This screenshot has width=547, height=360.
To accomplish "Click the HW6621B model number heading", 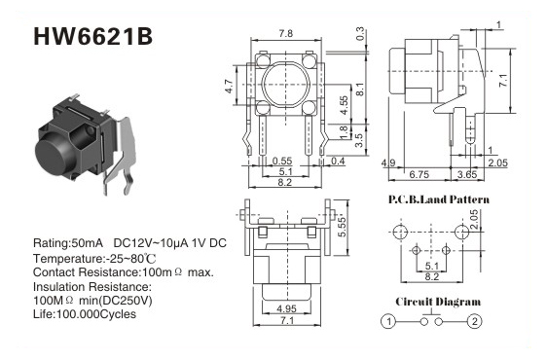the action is (92, 37).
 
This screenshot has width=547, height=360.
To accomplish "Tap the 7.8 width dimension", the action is (286, 33).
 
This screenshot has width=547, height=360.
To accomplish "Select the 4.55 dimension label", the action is (344, 105).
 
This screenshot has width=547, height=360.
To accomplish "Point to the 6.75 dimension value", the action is (419, 174).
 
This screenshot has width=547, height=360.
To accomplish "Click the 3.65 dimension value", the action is (467, 174).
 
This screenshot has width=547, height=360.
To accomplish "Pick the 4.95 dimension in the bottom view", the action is (286, 308).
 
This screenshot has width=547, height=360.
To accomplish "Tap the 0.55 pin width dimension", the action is (282, 161).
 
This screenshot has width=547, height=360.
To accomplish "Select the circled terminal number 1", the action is (388, 321).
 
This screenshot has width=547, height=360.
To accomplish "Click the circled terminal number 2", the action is (474, 321).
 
